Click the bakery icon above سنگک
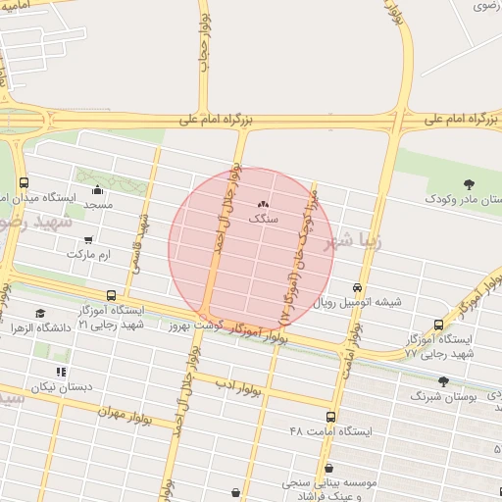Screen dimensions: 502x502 [261, 204]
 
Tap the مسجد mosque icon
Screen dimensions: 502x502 [96, 190]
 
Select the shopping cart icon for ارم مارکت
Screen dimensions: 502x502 [88, 239]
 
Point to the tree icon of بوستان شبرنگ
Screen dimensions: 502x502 [442, 382]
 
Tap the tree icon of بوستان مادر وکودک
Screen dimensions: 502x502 [467, 183]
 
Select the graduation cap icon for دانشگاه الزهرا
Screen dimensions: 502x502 [40, 313]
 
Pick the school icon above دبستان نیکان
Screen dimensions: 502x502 [61, 372]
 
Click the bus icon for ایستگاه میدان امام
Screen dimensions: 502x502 [25, 182]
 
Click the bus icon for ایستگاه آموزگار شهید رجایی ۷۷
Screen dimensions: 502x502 [437, 325]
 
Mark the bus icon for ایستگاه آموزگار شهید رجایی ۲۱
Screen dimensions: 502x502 [110, 294]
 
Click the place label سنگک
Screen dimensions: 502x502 [263, 219]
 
